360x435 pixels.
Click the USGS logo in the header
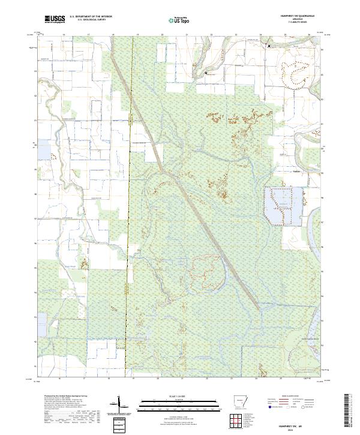(x=55, y=19)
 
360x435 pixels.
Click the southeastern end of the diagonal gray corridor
(x=259, y=308)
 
